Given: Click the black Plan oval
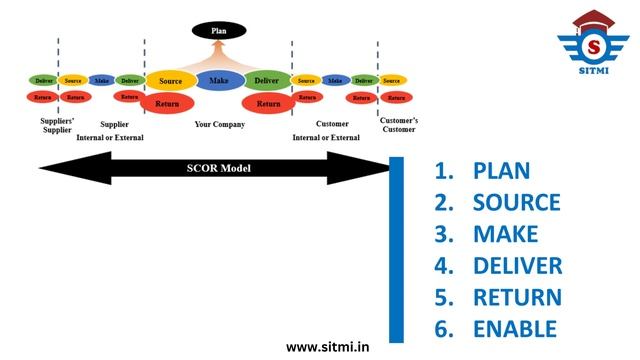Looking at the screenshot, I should coord(220,31).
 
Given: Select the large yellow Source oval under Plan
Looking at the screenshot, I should coord(170,80).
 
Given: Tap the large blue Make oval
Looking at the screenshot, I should coord(220,80).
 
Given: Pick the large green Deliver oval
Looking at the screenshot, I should coord(267,80).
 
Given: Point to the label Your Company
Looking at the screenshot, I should coord(218,125).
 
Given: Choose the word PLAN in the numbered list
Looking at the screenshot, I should coord(501,170).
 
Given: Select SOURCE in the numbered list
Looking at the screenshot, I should coord(516,202).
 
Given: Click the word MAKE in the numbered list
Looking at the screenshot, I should coord(505,234).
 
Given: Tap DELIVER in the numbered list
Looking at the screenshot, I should coord(517,266).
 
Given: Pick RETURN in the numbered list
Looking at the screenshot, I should coord(516,297).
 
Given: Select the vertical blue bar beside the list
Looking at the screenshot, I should coord(396,249).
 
